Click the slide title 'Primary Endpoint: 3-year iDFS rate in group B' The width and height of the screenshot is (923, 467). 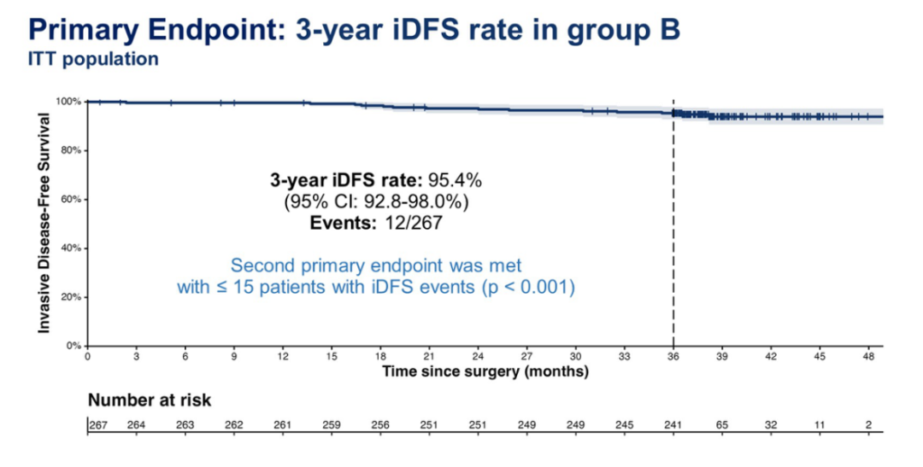click(355, 30)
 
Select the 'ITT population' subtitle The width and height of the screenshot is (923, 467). click(93, 60)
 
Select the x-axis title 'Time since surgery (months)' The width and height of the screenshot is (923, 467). click(485, 371)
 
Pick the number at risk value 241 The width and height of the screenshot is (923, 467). click(673, 426)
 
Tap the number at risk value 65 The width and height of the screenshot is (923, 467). click(722, 426)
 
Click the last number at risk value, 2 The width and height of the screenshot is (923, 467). click(868, 426)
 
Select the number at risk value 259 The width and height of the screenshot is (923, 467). click(332, 426)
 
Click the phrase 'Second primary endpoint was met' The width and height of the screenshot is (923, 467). click(376, 266)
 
